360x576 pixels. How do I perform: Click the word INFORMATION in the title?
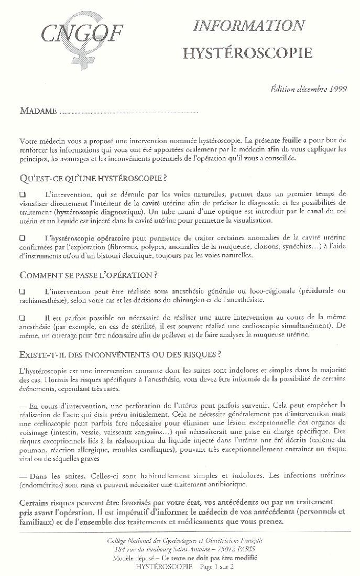point(249,26)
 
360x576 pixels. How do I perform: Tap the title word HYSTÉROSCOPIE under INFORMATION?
point(247,52)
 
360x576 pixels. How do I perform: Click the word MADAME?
point(38,111)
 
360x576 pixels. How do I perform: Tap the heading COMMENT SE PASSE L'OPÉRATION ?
point(89,275)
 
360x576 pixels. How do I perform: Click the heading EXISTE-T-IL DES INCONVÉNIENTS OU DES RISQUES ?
point(119,354)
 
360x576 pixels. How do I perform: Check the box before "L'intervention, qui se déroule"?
point(23,194)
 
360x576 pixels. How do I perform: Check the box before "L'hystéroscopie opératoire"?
point(23,238)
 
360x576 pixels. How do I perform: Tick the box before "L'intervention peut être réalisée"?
point(23,291)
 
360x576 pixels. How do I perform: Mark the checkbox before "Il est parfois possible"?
point(23,318)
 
